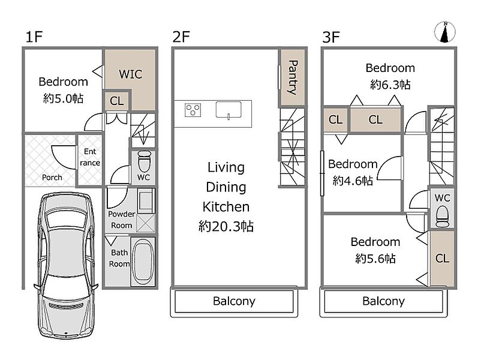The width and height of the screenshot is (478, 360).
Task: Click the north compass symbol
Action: coord(445,32)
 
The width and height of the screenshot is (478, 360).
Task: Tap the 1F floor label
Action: coord(34,37)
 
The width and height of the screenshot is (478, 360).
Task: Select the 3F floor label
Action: coord(330,37)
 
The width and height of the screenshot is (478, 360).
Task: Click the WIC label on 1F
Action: coord(131,74)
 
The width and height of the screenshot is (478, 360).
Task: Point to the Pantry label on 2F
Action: coord(293,77)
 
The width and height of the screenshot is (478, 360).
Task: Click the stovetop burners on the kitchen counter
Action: coord(193,110)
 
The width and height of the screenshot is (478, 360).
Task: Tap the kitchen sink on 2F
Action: coord(229,110)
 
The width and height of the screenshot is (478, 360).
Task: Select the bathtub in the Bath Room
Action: coord(143,262)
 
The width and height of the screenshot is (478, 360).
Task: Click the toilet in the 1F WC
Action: coord(144,161)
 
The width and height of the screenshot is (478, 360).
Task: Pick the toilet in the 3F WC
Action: coord(443,217)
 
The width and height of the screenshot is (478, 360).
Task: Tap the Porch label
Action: coord(52,177)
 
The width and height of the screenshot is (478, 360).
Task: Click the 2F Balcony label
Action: coord(234,301)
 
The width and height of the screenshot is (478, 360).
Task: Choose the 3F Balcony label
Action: coord(383,301)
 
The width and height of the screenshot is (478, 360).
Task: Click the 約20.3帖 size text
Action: coord(226,226)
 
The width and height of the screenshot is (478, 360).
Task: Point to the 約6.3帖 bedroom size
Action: coord(390,85)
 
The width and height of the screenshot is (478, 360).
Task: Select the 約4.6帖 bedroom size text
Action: coord(353,181)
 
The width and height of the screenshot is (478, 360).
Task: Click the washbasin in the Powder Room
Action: coord(145,201)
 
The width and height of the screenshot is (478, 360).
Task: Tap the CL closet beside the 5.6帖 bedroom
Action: coord(442,259)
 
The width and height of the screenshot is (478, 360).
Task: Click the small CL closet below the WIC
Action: coord(117,101)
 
